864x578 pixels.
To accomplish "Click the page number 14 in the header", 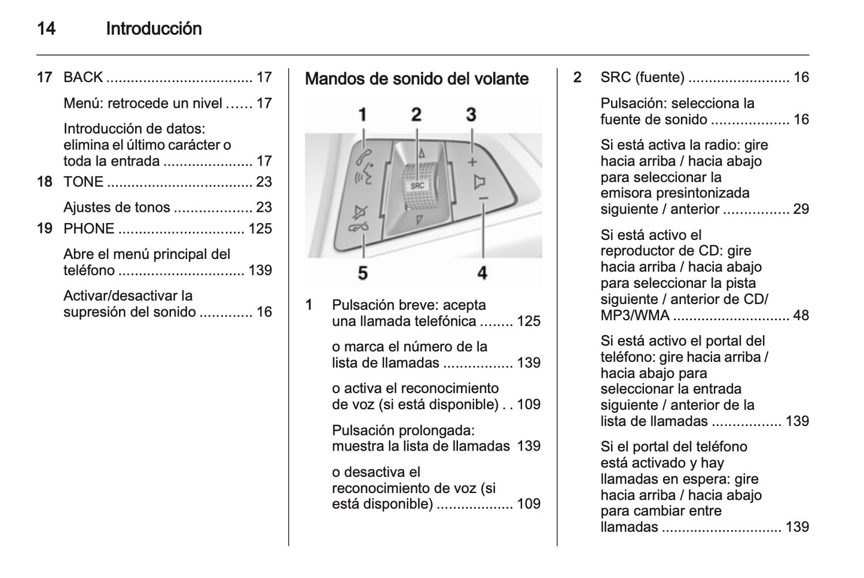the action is coord(46,29).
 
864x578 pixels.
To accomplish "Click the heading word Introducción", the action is coord(154,29).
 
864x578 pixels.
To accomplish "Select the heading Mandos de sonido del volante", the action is coord(417,79).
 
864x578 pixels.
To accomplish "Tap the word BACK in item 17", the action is coord(83,77).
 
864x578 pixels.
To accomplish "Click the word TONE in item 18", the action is coord(83,181).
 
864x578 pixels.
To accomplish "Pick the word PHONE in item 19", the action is coord(88,229).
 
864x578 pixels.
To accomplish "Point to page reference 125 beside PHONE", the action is coord(260,229).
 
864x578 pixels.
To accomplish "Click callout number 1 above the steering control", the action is coord(362,115).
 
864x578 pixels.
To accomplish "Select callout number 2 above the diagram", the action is coord(416,114).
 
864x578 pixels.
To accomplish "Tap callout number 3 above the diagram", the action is coord(471,114).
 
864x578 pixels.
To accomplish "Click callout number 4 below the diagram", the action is coord(482,273).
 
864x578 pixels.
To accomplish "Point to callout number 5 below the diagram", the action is coord(362,273).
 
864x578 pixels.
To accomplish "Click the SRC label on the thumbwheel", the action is coord(417,185).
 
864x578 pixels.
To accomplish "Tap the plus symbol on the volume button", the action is coord(472,162).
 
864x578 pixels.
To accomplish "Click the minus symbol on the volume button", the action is coord(483,199).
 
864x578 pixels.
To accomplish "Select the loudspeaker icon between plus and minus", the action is coord(479,181).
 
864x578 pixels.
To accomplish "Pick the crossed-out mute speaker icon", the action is coord(361,213).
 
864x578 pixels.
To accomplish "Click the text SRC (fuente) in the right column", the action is coord(642,77).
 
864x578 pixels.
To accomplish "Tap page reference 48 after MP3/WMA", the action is coord(801,315).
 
